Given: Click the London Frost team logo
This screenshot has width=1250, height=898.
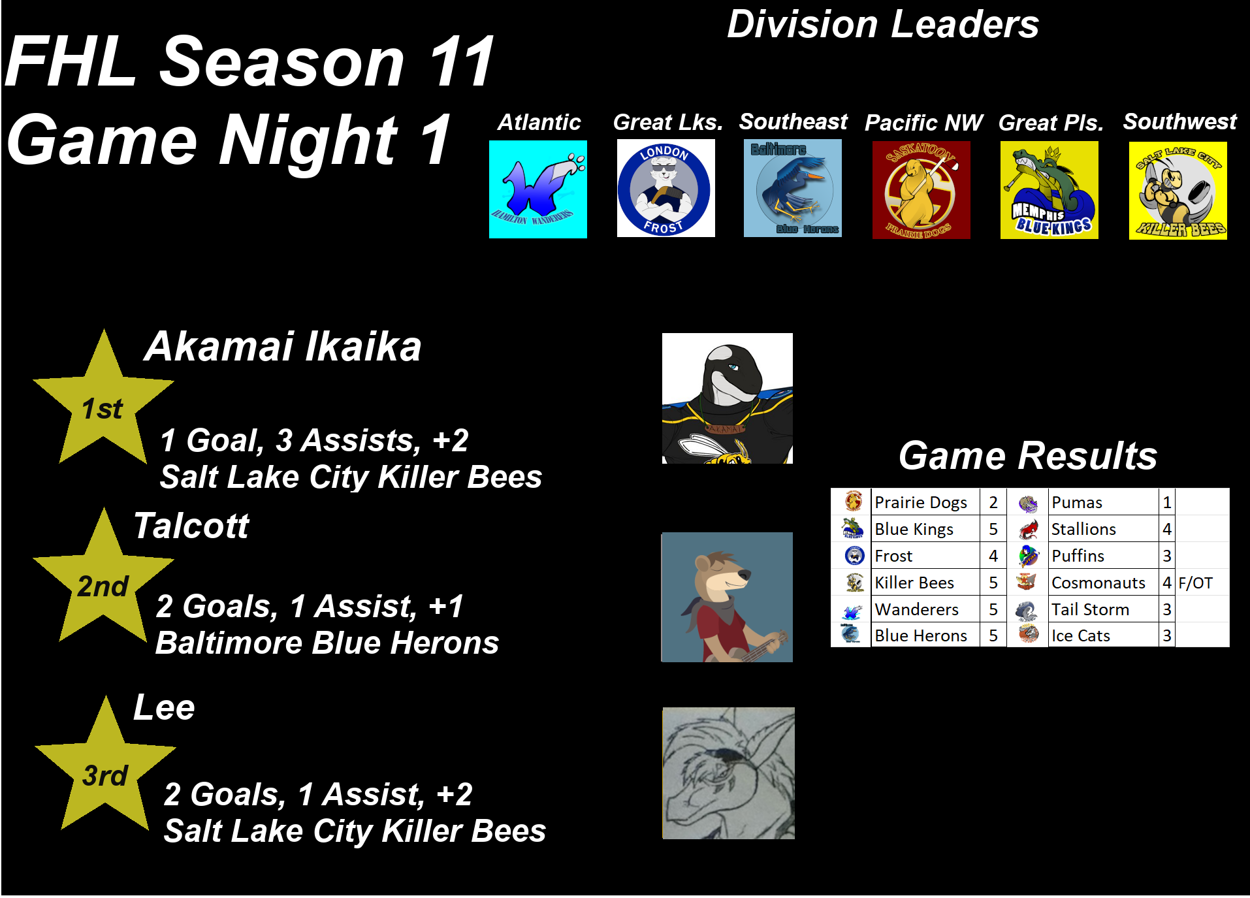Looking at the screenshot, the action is click(x=665, y=188).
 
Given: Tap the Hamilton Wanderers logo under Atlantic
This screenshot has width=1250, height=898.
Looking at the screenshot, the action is click(x=538, y=189).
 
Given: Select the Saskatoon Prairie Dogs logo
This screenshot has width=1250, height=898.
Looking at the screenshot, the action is click(x=921, y=189).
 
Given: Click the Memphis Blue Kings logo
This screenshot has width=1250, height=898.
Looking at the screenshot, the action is click(x=1049, y=190).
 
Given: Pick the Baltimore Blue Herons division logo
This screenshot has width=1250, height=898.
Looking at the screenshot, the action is click(x=793, y=188).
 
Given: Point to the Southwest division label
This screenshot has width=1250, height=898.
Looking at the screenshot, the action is click(x=1179, y=121).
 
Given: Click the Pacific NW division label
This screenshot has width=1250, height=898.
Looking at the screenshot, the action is click(x=923, y=122).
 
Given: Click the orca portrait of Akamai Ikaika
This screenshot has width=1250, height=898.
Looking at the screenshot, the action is click(x=728, y=398).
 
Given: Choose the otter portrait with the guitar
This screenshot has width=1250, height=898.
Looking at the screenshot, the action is click(x=727, y=597).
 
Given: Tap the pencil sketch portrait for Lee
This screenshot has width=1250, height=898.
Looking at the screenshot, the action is click(x=728, y=773).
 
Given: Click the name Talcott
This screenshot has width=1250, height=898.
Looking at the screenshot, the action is click(x=191, y=526).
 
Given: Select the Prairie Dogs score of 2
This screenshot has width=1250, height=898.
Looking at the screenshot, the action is click(x=993, y=502).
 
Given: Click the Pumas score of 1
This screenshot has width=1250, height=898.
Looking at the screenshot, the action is click(x=1167, y=502).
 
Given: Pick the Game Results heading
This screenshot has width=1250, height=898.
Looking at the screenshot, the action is click(x=1028, y=455).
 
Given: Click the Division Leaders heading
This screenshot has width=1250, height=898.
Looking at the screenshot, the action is click(x=883, y=25).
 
